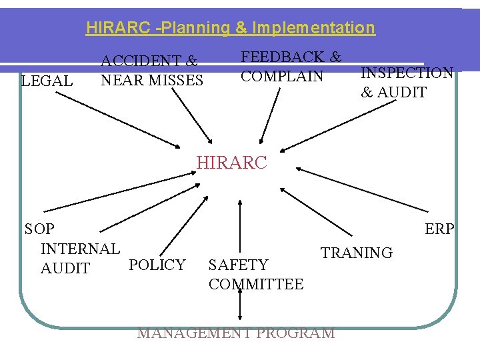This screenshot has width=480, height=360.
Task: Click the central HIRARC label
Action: (231, 163)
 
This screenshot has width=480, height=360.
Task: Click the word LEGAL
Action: (47, 81)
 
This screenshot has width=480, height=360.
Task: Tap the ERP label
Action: (439, 229)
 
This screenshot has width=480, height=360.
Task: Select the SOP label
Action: (39, 229)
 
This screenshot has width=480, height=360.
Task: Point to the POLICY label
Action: (157, 265)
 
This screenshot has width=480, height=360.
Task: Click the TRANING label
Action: (357, 253)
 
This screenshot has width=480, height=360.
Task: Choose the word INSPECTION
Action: (407, 73)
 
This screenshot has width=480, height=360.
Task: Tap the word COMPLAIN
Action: (282, 76)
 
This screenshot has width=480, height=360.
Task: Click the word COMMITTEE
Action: (256, 285)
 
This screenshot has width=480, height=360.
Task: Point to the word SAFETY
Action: (238, 265)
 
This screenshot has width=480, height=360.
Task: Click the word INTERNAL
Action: (81, 249)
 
